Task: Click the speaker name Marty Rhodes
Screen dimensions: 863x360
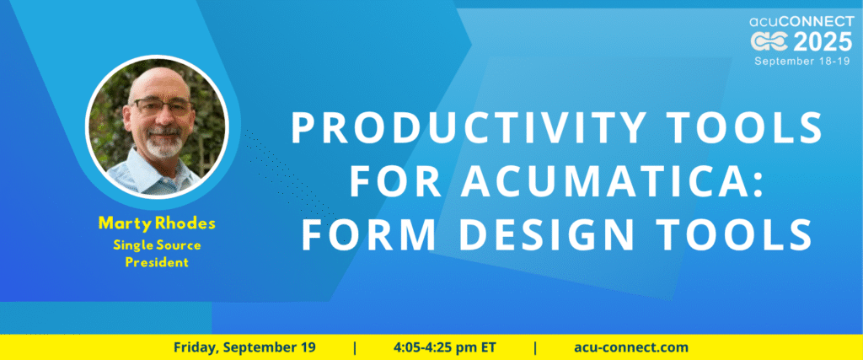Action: click(157, 223)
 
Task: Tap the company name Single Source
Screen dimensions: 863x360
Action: click(157, 245)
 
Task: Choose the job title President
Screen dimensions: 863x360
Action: click(157, 262)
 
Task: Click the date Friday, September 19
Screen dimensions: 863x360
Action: click(244, 347)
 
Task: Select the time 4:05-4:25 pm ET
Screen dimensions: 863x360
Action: click(445, 347)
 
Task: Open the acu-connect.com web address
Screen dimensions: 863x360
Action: click(630, 347)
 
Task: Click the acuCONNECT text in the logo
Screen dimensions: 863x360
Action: click(801, 22)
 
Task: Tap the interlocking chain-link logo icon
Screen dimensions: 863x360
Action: click(770, 42)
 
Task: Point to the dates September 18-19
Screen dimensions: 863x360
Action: click(804, 61)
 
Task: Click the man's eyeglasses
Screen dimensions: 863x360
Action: click(160, 106)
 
